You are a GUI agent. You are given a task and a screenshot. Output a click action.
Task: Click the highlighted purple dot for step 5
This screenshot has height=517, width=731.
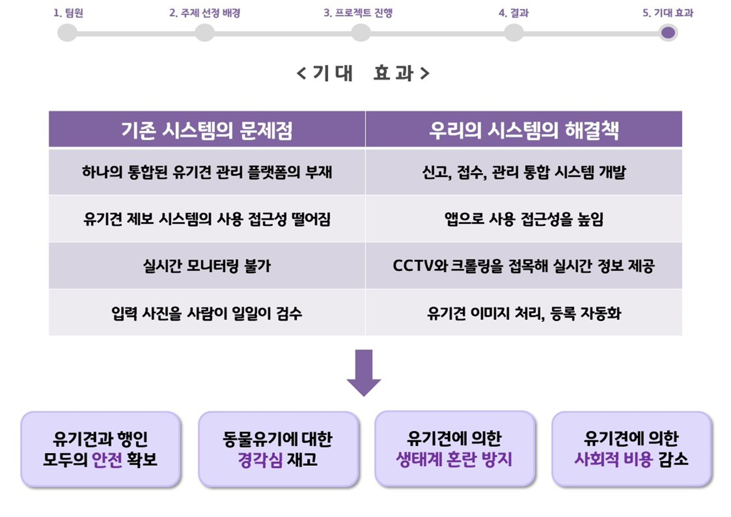coord(668,33)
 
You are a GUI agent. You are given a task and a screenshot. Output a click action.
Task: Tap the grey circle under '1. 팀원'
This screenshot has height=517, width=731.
coord(67,33)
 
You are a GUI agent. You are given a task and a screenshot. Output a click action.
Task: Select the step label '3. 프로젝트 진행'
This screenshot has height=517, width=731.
coord(358,13)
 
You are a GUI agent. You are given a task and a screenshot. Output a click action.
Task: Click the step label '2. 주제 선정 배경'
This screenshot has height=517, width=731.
coord(205,13)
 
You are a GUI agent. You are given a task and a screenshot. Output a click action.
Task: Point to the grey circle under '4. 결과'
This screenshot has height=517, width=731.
coord(514,33)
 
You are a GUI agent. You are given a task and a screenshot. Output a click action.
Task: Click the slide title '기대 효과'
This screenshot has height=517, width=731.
coord(363,73)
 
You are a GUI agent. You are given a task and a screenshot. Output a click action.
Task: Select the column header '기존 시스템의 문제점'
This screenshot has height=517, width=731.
coord(207,130)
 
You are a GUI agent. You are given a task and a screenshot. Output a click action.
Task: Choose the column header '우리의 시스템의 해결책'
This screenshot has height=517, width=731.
coord(524,130)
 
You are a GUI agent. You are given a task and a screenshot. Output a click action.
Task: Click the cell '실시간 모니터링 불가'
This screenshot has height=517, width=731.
coord(207,266)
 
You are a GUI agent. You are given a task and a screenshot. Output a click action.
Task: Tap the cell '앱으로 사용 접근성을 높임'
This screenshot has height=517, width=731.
coord(524,219)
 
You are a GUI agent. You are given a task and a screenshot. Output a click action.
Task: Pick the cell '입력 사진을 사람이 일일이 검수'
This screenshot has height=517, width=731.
coord(207,313)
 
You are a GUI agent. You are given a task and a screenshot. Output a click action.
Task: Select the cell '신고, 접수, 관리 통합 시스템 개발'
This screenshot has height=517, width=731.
coord(524,172)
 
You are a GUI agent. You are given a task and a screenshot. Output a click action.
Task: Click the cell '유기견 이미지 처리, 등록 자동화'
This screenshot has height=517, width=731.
coord(524,313)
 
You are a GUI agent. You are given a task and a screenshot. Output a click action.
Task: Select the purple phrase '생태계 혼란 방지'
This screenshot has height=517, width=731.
coord(454,460)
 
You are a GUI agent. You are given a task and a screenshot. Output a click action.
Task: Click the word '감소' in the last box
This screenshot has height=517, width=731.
coord(673,460)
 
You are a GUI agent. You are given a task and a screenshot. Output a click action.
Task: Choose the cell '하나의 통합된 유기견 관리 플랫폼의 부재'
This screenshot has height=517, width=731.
coord(207,172)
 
